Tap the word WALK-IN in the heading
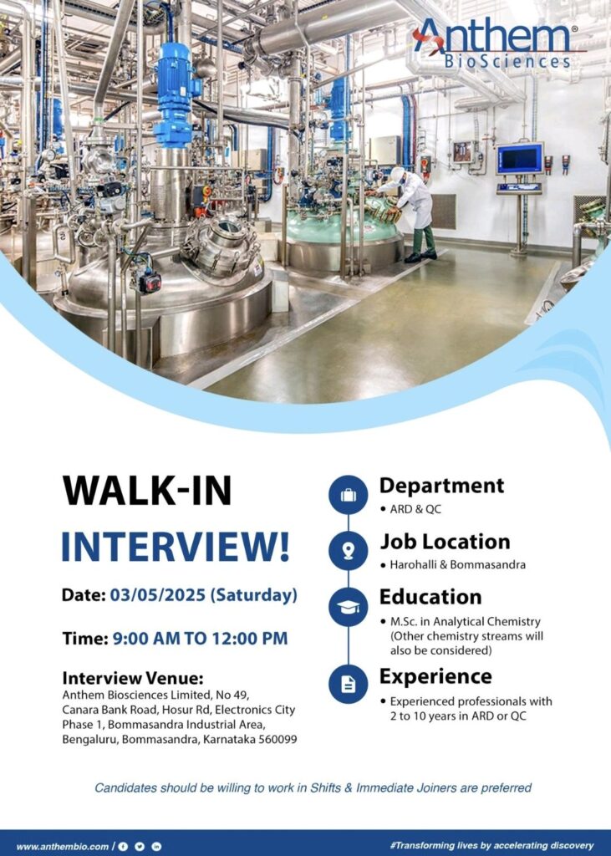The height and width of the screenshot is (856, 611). tap(147, 492)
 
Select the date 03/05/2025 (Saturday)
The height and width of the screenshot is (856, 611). tap(204, 596)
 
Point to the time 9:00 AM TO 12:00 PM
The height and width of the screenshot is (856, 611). tap(200, 639)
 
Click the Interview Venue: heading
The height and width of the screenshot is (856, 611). tap(133, 677)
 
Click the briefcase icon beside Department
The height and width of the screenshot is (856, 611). tap(348, 495)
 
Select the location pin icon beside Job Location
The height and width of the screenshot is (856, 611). tap(348, 550)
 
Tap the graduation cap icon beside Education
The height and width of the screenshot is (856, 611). tap(348, 606)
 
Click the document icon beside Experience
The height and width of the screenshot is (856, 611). tap(348, 684)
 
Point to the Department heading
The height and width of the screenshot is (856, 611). tap(441, 486)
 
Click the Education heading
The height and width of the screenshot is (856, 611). tap(430, 597)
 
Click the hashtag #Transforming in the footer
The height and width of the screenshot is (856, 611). tap(425, 845)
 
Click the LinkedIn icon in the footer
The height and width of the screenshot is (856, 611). tap(156, 846)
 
